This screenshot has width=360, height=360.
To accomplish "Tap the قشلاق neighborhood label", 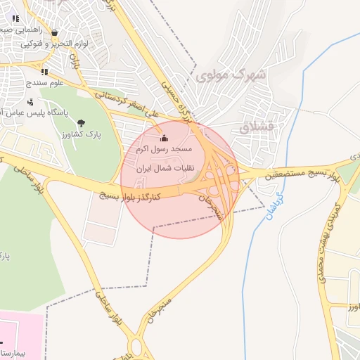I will pyautogui.click(x=255, y=128).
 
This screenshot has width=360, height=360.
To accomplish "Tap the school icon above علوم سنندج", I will pyautogui.click(x=44, y=71).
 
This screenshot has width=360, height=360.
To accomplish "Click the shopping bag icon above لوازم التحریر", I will pyautogui.click(x=55, y=33).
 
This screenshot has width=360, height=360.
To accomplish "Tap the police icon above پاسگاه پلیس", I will pyautogui.click(x=30, y=101).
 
